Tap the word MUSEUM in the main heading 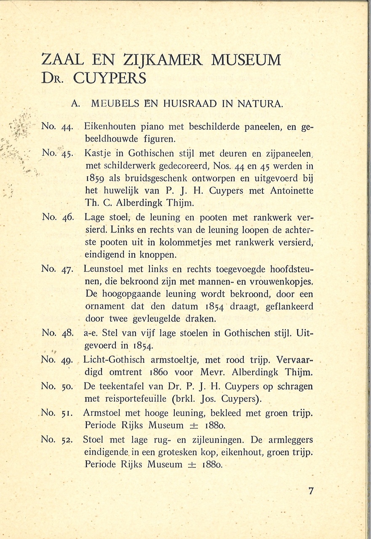pyautogui.click(x=246, y=60)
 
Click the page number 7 pyautogui.click(x=311, y=491)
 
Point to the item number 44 pyautogui.click(x=67, y=126)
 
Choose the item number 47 pyautogui.click(x=67, y=269)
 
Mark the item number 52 pyautogui.click(x=67, y=440)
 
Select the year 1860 pyautogui.click(x=162, y=373)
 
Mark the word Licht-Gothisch pyautogui.click(x=114, y=360)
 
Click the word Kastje pyautogui.click(x=98, y=154)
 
